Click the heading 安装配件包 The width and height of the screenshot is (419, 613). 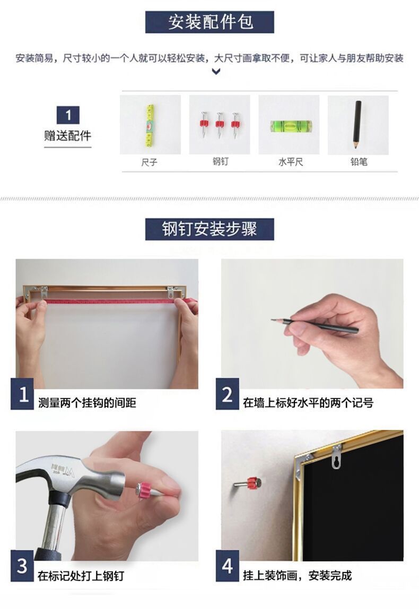point(210,22)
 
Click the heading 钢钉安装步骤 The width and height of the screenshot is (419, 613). point(210,229)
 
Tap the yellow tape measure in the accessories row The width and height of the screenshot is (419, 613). point(150,125)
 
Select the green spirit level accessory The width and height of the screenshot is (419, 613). point(291,126)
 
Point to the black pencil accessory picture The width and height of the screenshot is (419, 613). point(357,124)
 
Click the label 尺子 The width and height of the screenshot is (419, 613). point(150,162)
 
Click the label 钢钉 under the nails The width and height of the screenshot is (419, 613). point(220,161)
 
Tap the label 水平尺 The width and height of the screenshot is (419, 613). point(291,162)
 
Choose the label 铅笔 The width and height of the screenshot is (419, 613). point(359,161)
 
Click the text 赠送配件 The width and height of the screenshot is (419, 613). point(67,136)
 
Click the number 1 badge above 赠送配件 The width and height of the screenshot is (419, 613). point(68,115)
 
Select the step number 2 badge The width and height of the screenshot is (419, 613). point(227,394)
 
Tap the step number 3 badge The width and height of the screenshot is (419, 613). point(22,566)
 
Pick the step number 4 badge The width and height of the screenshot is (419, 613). point(227,566)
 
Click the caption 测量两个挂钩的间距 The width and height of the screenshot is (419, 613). point(87,403)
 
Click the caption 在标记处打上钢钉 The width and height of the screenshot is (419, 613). point(81,575)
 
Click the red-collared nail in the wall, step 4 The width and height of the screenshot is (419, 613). point(247,483)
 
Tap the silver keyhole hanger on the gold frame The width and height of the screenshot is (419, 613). point(336,456)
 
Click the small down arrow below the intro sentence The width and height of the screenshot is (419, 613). point(216,72)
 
